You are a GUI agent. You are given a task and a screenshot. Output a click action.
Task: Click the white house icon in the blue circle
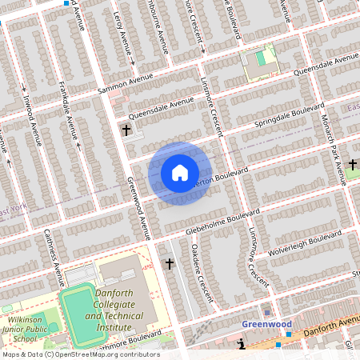(x=180, y=173)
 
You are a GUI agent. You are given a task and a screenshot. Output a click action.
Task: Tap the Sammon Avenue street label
(x=125, y=84)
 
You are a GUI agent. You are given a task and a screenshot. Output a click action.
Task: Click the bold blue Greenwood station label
(x=267, y=325)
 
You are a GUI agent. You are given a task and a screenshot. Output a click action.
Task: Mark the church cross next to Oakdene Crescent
(x=169, y=263)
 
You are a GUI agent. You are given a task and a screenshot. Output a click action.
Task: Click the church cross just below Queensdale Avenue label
(x=126, y=130)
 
